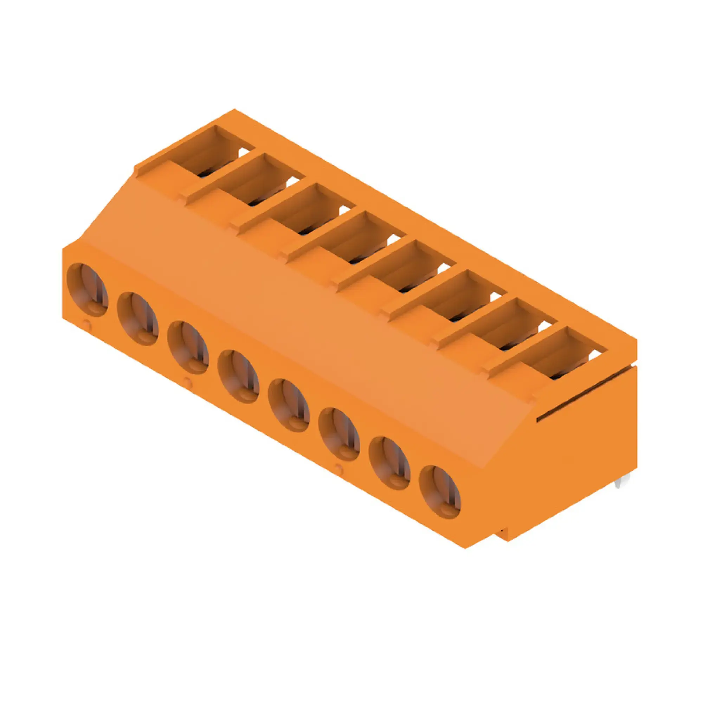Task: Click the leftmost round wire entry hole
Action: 87,290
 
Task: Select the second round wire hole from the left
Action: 138,319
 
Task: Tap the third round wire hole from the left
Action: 188,348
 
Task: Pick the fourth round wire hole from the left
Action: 238,376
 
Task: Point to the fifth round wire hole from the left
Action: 289,405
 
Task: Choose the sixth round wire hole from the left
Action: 339,434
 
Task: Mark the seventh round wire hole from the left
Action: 390,463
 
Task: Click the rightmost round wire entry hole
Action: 440,492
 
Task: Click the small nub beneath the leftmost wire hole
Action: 86,322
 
